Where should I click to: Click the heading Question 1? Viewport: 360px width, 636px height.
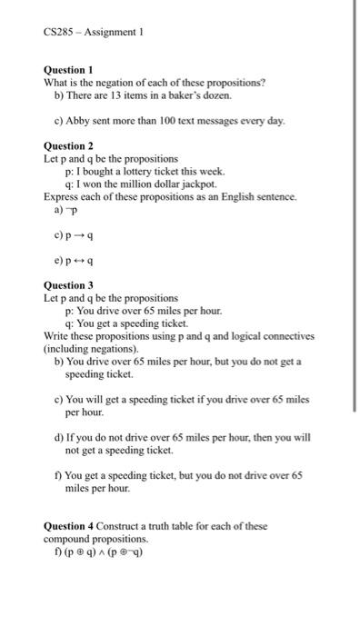69,70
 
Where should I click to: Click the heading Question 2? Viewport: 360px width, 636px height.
69,146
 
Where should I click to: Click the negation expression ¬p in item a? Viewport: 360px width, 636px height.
72,209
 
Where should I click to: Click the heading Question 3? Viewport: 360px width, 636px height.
69,284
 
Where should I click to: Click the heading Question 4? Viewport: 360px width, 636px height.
69,525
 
